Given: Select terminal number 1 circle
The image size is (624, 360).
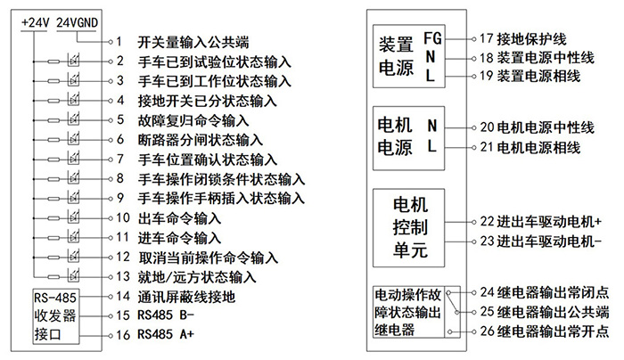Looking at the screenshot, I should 108,42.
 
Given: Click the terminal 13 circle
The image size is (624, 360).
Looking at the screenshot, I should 108,276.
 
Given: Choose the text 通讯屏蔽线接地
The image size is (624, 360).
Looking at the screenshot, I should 186,296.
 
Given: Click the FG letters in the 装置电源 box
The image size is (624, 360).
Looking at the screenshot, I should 432,38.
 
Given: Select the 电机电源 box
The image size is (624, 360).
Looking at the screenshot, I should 409,137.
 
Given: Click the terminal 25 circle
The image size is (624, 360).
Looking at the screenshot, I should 471,312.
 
